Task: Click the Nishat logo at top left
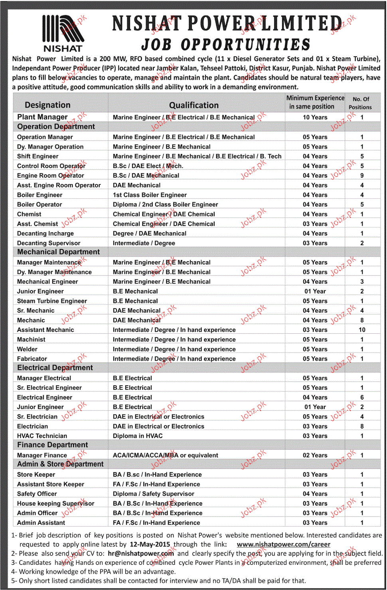(x=63, y=33)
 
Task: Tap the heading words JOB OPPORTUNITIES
(x=225, y=44)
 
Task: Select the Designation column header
(x=47, y=105)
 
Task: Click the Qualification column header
(x=194, y=105)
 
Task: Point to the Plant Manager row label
(x=42, y=117)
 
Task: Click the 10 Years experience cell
(x=315, y=117)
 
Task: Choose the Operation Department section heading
(x=56, y=127)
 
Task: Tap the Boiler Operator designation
(x=39, y=204)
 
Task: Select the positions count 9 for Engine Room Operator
(x=362, y=175)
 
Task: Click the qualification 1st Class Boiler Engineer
(x=150, y=195)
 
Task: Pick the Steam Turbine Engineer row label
(x=52, y=301)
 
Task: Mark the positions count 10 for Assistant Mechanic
(x=362, y=330)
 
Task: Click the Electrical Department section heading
(x=55, y=368)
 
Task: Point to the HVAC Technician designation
(x=42, y=436)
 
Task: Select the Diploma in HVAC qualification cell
(x=138, y=436)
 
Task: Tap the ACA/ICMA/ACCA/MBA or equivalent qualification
(x=165, y=455)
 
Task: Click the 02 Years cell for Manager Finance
(x=315, y=455)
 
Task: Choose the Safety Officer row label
(x=37, y=494)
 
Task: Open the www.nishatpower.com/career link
(x=283, y=544)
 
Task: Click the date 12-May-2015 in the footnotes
(x=150, y=544)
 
